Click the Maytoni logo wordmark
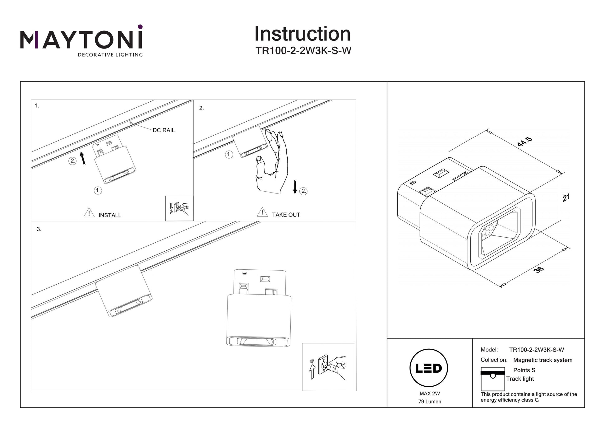pos(81,40)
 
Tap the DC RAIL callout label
pos(164,130)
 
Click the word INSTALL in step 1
pos(110,215)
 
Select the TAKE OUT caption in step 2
pos(286,215)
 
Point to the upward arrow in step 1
pos(82,158)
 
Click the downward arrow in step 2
pos(295,187)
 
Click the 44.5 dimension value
pos(525,142)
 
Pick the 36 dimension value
pos(538,269)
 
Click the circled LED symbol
pos(429,368)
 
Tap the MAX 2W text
pos(430,393)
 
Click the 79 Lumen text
pos(430,402)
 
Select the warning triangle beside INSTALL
pos(89,213)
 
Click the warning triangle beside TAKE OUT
pos(262,212)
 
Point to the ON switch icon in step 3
pos(328,367)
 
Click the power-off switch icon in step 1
pos(179,208)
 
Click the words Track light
pos(520,379)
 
